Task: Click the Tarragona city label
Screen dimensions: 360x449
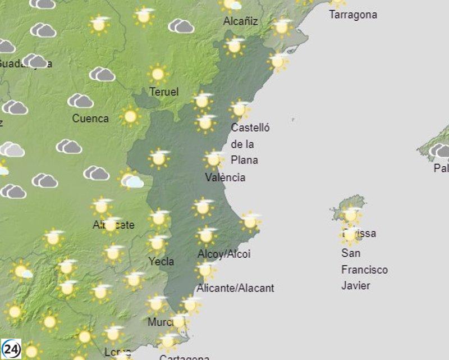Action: pyautogui.click(x=352, y=15)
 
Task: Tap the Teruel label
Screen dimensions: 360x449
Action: pyautogui.click(x=164, y=92)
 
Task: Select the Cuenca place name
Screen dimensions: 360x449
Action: pyautogui.click(x=90, y=119)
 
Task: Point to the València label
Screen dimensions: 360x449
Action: pyautogui.click(x=225, y=177)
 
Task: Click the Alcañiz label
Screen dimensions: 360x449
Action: pyautogui.click(x=241, y=21)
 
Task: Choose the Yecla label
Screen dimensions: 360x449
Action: pyautogui.click(x=161, y=261)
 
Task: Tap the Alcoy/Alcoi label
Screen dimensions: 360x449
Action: pyautogui.click(x=224, y=254)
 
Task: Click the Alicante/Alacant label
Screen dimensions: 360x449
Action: pyautogui.click(x=235, y=288)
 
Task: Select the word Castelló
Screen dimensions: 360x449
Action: pyautogui.click(x=250, y=127)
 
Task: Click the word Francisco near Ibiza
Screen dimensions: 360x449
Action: pyautogui.click(x=364, y=270)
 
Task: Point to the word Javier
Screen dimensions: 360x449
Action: pyautogui.click(x=356, y=285)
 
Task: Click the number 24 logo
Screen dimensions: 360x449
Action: pyautogui.click(x=11, y=349)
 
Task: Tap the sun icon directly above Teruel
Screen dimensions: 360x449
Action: pyautogui.click(x=158, y=73)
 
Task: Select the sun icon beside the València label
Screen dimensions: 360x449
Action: pyautogui.click(x=213, y=159)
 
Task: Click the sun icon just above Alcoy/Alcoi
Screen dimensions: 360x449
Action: pyautogui.click(x=207, y=235)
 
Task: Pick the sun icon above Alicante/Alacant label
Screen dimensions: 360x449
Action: pyautogui.click(x=205, y=270)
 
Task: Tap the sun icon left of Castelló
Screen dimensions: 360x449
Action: pyautogui.click(x=205, y=122)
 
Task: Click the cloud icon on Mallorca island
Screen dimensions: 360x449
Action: pyautogui.click(x=439, y=151)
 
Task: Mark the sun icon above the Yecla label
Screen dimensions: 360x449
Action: pyautogui.click(x=158, y=243)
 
